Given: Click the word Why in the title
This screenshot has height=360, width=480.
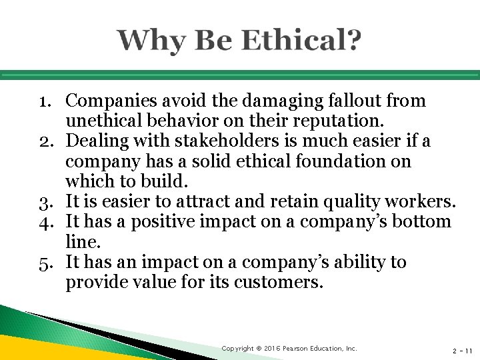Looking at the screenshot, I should coord(148,42).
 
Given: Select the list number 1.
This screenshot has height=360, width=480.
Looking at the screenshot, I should coord(45,102).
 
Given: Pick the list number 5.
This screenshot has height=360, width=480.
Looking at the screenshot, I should coord(45,263).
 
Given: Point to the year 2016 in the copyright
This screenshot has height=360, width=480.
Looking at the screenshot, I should coord(270,348).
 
